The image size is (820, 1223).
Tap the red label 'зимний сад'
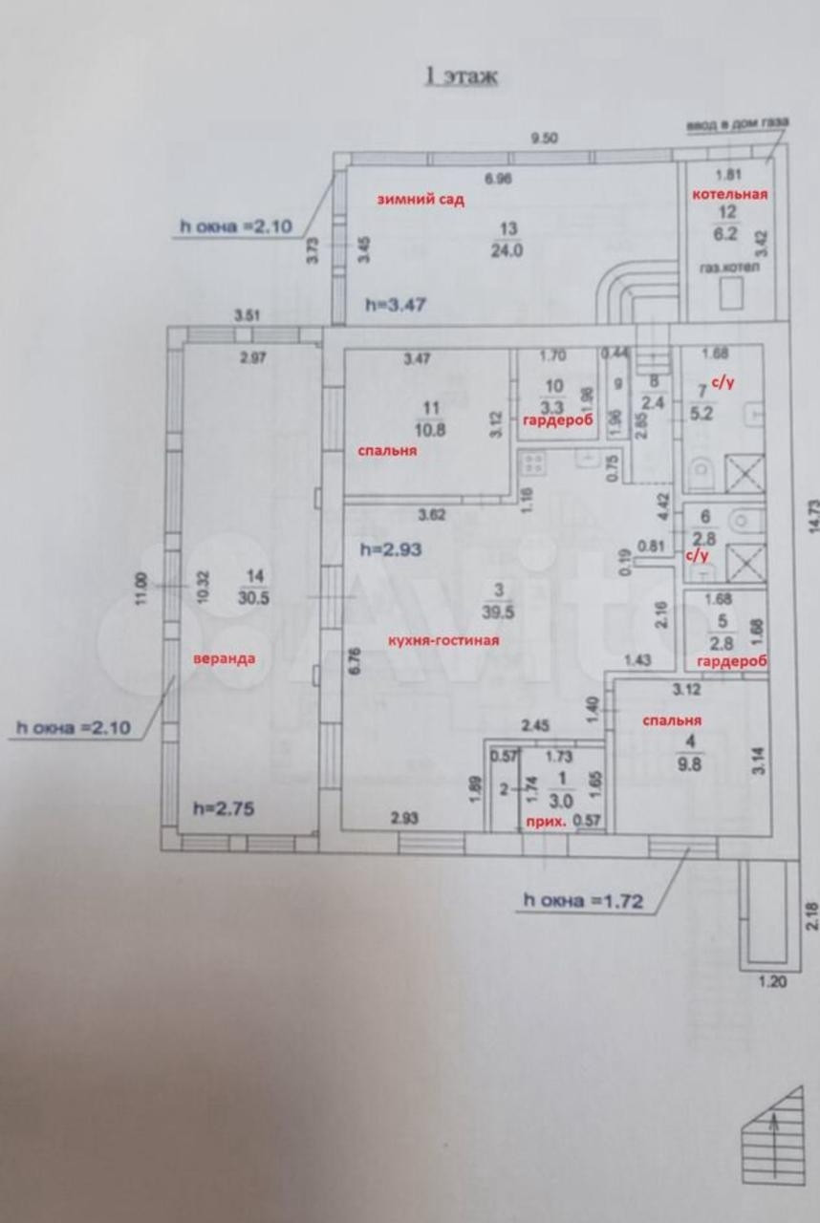[421, 200]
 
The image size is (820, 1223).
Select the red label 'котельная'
[730, 194]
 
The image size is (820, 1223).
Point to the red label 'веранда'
[225, 658]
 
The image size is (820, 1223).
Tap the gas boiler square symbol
[732, 299]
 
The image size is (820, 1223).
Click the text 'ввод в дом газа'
[737, 125]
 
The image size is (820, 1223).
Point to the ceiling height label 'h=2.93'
[390, 549]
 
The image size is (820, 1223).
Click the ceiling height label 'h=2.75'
[223, 807]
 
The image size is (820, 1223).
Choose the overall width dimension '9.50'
[544, 138]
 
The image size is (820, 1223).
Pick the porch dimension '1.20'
[770, 980]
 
